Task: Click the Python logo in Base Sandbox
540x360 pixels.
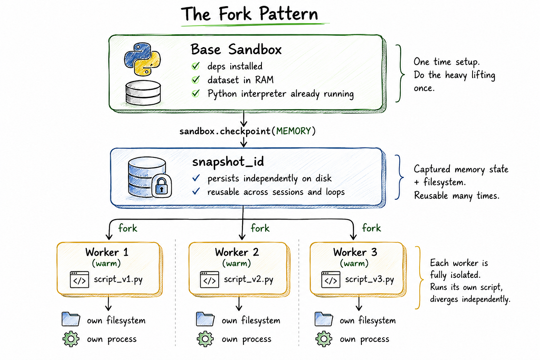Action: [x=142, y=59]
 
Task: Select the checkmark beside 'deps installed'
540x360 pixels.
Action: [x=196, y=66]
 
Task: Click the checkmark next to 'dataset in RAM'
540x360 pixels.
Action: [x=196, y=79]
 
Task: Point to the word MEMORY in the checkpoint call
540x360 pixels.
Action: [x=294, y=131]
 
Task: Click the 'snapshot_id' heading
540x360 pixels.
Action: [x=228, y=162]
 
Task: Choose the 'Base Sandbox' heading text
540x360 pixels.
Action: [x=236, y=49]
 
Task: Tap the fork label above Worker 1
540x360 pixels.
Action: [x=128, y=228]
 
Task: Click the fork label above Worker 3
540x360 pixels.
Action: [x=371, y=228]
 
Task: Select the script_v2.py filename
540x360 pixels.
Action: [x=248, y=279]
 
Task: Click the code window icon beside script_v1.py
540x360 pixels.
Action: [x=79, y=279]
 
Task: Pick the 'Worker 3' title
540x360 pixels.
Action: [x=355, y=252]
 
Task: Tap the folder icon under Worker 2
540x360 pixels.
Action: [x=205, y=319]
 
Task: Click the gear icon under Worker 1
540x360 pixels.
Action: [x=71, y=339]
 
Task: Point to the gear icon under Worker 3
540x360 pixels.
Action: [x=324, y=339]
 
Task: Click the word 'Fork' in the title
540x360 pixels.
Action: [x=235, y=14]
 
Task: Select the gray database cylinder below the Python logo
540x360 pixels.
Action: [x=143, y=93]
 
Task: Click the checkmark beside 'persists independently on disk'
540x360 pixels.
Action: [x=196, y=178]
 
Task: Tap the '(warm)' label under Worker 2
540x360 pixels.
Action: [x=236, y=263]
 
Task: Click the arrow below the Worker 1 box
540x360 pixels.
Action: [x=108, y=303]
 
